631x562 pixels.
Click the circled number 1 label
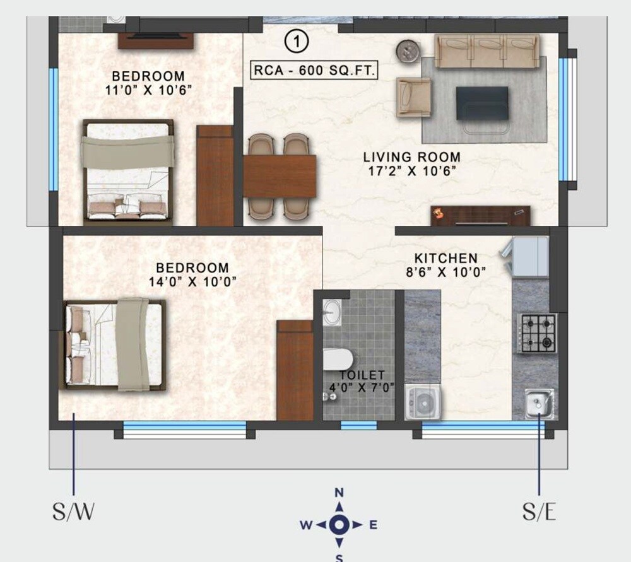297,42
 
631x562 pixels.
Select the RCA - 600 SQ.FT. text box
314,70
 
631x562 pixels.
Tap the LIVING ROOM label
411,156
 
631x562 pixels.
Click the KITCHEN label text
445,259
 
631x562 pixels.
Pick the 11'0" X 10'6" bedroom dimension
149,90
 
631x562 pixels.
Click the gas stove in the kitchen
537,332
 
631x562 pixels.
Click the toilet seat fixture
338,360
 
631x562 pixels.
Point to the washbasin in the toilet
332,312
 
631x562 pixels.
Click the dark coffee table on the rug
482,102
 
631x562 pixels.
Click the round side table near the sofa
408,50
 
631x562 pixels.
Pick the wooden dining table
280,176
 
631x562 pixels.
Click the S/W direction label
73,512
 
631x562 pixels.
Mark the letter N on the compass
339,493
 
